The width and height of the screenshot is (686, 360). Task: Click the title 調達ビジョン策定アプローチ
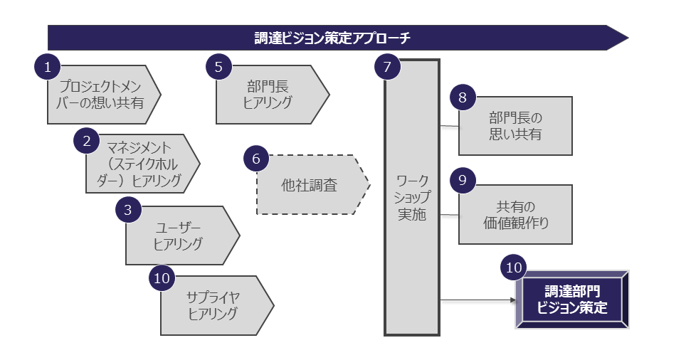coord(333,38)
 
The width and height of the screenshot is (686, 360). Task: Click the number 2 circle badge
coord(87,139)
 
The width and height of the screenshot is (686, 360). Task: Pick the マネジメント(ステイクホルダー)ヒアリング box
coord(141,164)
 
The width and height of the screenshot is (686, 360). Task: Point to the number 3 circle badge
coord(128,209)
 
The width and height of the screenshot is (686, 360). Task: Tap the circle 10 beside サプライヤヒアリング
coord(162,278)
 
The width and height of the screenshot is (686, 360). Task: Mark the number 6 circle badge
coord(256,158)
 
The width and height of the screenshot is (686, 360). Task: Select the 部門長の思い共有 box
coord(515,125)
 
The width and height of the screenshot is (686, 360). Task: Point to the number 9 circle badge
coord(462,180)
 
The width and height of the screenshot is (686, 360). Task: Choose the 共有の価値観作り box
coord(515,214)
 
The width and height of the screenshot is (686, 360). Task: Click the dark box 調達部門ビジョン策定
coord(572,300)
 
